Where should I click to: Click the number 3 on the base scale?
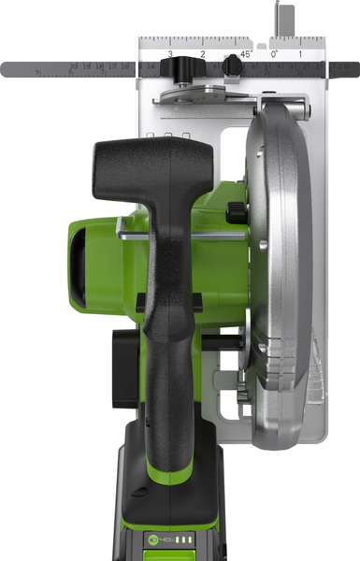170,55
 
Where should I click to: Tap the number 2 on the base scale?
203,55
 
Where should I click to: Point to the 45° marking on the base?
245,54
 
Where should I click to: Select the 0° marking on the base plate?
274,54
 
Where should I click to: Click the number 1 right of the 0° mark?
299,55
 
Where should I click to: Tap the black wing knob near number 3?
171,69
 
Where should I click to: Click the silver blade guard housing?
281,243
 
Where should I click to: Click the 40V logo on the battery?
165,539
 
